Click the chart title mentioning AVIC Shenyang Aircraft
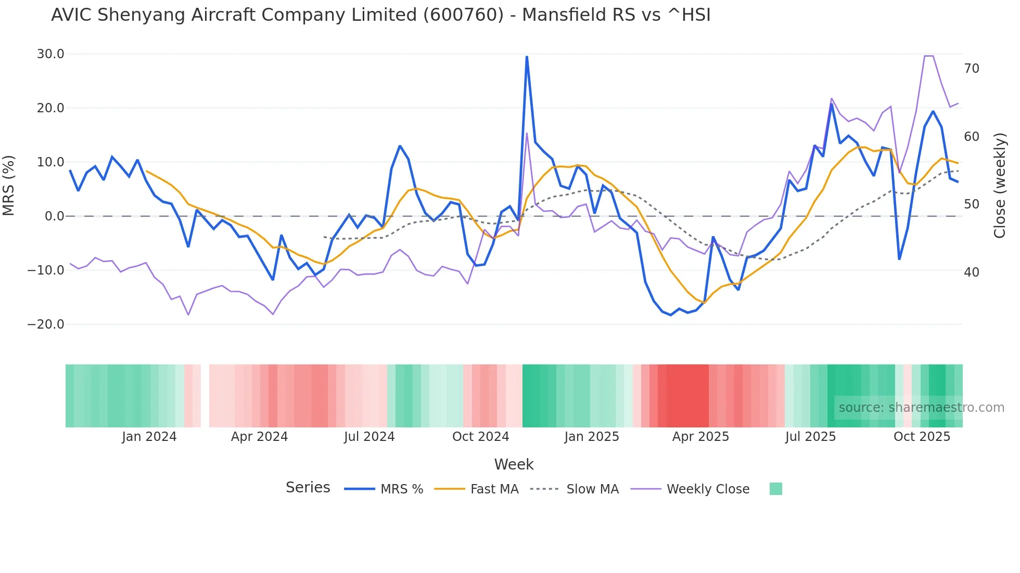point(380,15)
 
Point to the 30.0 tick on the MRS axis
point(50,54)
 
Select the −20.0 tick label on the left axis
point(46,324)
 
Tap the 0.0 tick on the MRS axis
point(54,216)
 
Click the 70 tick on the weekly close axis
point(972,69)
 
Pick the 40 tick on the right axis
point(972,272)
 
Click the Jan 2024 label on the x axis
point(149,437)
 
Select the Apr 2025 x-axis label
point(700,437)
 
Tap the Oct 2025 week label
point(922,437)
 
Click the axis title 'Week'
point(514,464)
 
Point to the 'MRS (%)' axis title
point(9,186)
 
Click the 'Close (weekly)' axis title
point(1000,186)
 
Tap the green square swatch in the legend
point(775,489)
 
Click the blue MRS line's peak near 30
point(527,57)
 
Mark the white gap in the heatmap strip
point(205,396)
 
